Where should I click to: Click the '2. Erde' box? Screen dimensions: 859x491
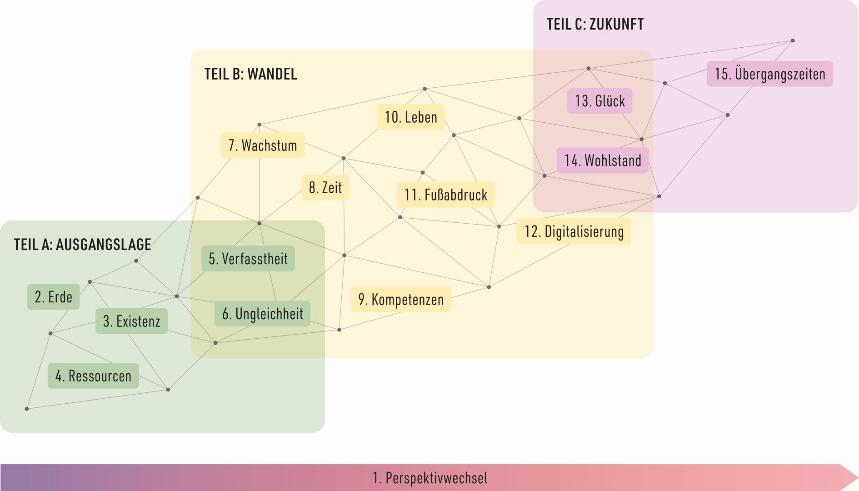[x=54, y=297]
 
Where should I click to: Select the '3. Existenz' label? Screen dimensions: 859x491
[x=131, y=321]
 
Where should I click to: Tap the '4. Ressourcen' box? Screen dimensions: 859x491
[x=93, y=376]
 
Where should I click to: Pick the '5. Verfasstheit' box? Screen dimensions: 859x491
[x=248, y=259]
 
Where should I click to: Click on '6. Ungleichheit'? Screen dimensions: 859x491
[x=262, y=314]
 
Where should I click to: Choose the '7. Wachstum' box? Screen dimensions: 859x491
[x=263, y=145]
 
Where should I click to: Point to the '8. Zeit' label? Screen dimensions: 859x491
[x=325, y=187]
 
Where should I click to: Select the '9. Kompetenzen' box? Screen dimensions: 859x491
[x=401, y=299]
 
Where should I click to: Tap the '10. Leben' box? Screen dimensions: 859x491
[x=411, y=117]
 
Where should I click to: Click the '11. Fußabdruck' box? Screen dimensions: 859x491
[x=445, y=195]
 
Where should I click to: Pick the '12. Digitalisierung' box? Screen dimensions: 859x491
[x=574, y=231]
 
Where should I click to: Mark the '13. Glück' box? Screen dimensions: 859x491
[x=600, y=100]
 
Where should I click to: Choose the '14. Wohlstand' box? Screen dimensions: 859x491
[x=603, y=160]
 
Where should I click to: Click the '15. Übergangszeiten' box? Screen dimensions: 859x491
[x=770, y=74]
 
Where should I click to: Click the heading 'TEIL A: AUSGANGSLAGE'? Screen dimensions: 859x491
[x=82, y=244]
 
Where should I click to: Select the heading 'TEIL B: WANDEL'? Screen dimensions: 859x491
[x=251, y=74]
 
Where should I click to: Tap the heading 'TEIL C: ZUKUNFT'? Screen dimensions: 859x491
[x=595, y=24]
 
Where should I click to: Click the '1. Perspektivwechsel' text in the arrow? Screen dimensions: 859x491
[x=430, y=478]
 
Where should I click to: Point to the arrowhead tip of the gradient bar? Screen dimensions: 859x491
[x=858, y=477]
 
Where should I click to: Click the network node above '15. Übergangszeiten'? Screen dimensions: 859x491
[x=793, y=40]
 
